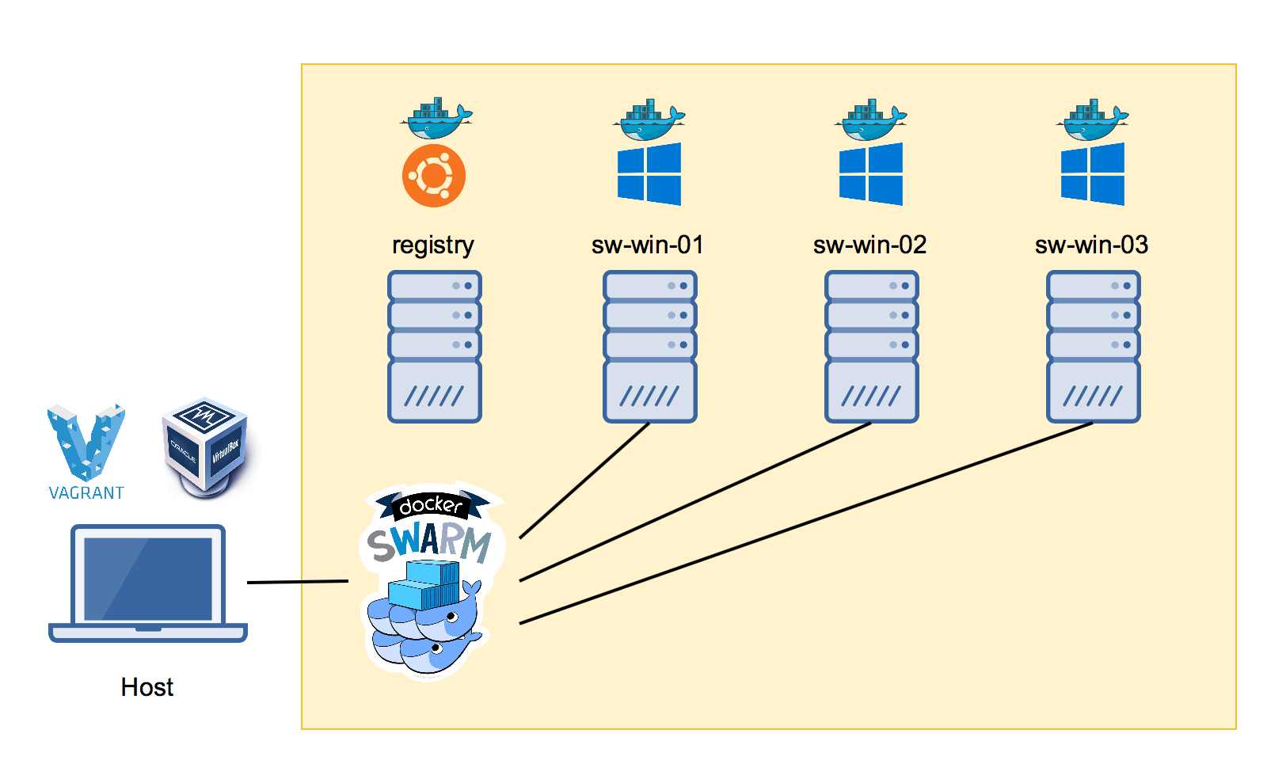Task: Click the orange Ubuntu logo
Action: pyautogui.click(x=433, y=176)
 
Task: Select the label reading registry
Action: pyautogui.click(x=433, y=245)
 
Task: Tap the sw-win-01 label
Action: pyautogui.click(x=647, y=245)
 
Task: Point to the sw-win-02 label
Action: pyautogui.click(x=869, y=245)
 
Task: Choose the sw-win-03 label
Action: pyautogui.click(x=1091, y=245)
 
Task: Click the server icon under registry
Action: pyautogui.click(x=435, y=347)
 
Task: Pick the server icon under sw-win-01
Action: pyautogui.click(x=649, y=347)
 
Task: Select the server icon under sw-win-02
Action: pyautogui.click(x=871, y=347)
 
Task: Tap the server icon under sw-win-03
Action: pyautogui.click(x=1093, y=347)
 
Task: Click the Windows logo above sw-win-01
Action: pyautogui.click(x=649, y=174)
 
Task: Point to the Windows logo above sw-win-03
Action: pyautogui.click(x=1093, y=174)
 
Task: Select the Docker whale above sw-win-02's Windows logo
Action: pyautogui.click(x=870, y=121)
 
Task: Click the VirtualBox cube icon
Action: pyautogui.click(x=205, y=446)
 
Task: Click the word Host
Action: pyautogui.click(x=147, y=687)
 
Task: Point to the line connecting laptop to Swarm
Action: pyautogui.click(x=298, y=582)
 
